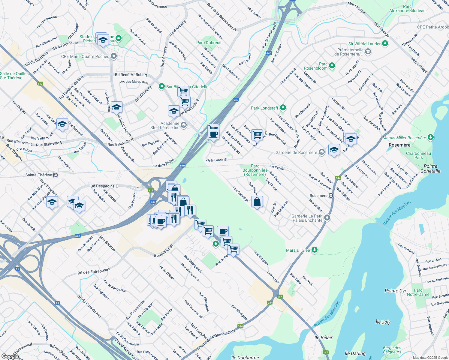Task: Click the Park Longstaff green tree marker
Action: click(x=283, y=108)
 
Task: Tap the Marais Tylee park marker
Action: click(x=314, y=250)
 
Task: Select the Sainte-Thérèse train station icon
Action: click(x=55, y=175)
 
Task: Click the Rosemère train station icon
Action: click(x=331, y=196)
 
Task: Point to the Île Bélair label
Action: click(x=323, y=337)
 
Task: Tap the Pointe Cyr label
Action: click(x=395, y=291)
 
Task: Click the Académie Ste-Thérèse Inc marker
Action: click(x=184, y=125)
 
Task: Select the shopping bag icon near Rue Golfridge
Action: click(x=257, y=202)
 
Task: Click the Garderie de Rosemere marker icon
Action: click(x=321, y=152)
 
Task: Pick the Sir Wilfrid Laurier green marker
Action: click(x=385, y=43)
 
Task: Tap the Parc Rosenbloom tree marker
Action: click(x=332, y=65)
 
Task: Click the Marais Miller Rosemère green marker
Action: click(x=431, y=137)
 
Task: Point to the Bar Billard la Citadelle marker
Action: click(x=161, y=86)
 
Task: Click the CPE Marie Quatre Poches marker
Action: click(x=113, y=56)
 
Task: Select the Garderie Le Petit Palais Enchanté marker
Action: click(x=327, y=218)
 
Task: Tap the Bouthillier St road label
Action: click(x=164, y=251)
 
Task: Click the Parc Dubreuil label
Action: click(x=209, y=43)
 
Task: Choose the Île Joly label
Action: click(x=383, y=322)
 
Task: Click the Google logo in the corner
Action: click(x=10, y=356)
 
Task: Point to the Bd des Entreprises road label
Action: click(x=94, y=271)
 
